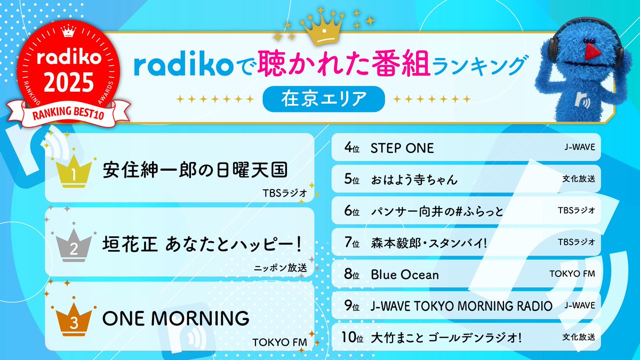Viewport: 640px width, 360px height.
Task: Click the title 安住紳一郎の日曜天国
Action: pos(195,171)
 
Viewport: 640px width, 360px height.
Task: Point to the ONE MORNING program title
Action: pos(175,318)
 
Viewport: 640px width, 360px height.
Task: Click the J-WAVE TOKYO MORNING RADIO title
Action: pos(461,306)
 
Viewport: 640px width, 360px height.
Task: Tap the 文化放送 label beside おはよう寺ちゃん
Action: pos(579,179)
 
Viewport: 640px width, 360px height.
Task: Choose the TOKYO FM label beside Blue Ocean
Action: pos(572,274)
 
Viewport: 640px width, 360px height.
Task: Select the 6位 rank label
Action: pos(352,211)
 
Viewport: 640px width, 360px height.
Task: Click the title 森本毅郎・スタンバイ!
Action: pos(428,243)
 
